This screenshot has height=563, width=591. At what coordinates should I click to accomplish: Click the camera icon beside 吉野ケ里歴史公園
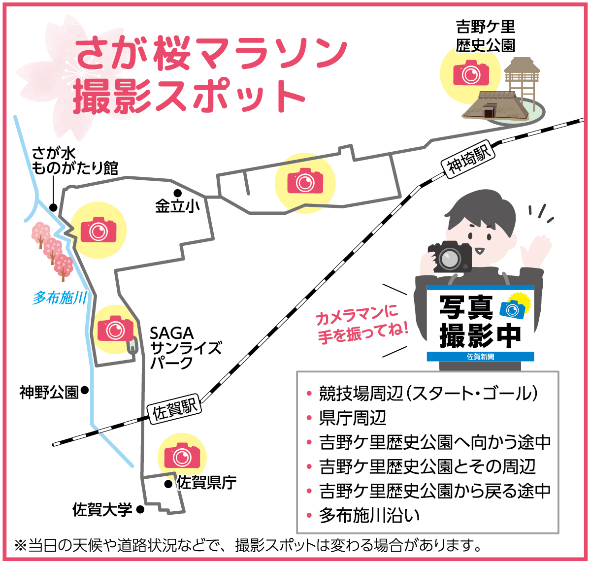tap(471, 73)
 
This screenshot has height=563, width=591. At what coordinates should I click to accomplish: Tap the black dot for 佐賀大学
tap(140, 510)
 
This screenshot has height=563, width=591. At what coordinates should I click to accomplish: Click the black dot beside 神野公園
tap(84, 390)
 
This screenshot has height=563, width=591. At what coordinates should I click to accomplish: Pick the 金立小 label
tap(178, 206)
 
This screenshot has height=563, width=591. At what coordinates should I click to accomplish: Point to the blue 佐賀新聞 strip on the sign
tap(480, 356)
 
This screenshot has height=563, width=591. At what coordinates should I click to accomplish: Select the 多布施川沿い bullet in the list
tap(369, 515)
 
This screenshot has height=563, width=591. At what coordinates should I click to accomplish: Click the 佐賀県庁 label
tap(207, 482)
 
